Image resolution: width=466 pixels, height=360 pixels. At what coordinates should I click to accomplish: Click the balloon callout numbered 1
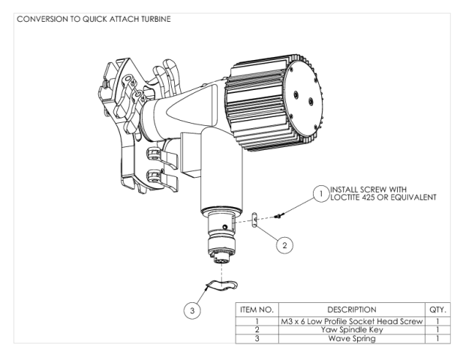(x=320, y=193)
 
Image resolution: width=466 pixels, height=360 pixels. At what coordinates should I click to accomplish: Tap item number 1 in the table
(x=257, y=322)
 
